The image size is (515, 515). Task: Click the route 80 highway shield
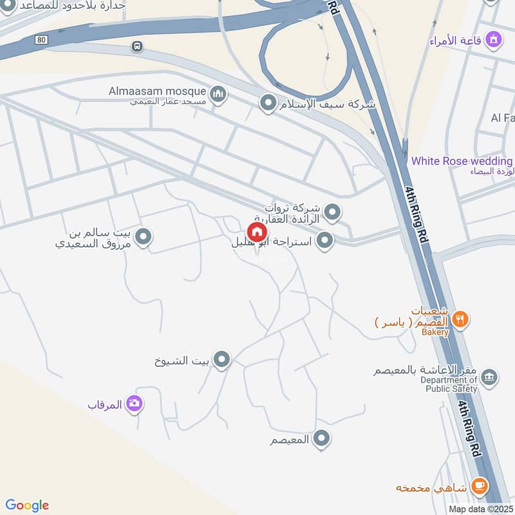click(x=42, y=39)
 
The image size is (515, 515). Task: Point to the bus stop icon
click(x=136, y=46)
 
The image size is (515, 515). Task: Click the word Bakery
click(x=435, y=332)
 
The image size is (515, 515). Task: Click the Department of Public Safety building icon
click(x=489, y=377)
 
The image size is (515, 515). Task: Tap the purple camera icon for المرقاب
click(x=135, y=404)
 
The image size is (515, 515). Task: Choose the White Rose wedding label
click(x=462, y=161)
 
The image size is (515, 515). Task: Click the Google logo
click(x=27, y=505)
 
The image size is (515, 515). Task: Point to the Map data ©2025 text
click(x=481, y=509)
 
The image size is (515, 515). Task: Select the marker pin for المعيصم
click(x=322, y=440)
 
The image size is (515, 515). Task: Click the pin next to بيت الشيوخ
click(x=221, y=360)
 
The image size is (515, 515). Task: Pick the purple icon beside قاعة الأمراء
click(x=494, y=40)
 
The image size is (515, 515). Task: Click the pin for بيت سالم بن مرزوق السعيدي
click(x=144, y=238)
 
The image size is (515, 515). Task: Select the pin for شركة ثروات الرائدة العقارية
click(x=332, y=211)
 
